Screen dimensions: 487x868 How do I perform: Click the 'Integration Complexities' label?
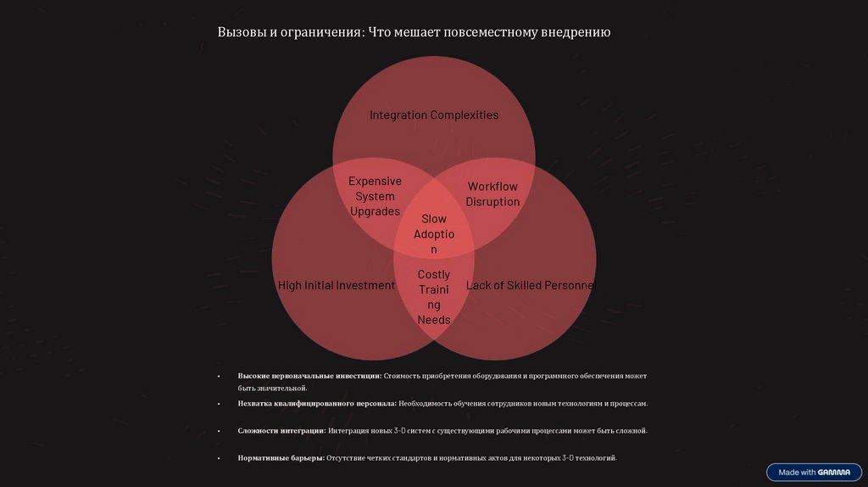pyautogui.click(x=433, y=115)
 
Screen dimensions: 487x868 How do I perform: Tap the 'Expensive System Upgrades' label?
pyautogui.click(x=375, y=196)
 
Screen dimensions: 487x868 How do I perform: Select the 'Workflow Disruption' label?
pyautogui.click(x=492, y=193)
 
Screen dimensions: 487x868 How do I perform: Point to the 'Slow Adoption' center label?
pyautogui.click(x=434, y=234)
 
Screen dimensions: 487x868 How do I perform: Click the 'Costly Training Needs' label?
pyautogui.click(x=434, y=297)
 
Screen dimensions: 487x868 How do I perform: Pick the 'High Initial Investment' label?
pyautogui.click(x=337, y=286)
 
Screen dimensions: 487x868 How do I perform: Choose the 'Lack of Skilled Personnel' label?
pyautogui.click(x=531, y=286)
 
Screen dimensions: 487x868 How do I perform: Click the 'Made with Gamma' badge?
pyautogui.click(x=814, y=472)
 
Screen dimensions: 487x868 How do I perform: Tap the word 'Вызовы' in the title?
pyautogui.click(x=241, y=32)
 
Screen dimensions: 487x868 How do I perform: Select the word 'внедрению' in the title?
pyautogui.click(x=576, y=32)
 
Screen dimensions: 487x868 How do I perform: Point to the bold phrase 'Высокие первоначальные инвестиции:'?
pyautogui.click(x=309, y=375)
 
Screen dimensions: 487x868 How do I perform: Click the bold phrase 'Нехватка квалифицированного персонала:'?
pyautogui.click(x=317, y=403)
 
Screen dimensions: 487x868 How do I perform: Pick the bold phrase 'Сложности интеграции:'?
pyautogui.click(x=282, y=431)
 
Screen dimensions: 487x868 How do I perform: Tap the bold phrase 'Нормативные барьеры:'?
pyautogui.click(x=281, y=458)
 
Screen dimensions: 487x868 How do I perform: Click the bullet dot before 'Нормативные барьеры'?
pyautogui.click(x=219, y=458)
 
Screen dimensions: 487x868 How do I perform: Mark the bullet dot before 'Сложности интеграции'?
pyautogui.click(x=219, y=431)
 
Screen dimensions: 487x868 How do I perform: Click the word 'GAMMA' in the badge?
pyautogui.click(x=834, y=472)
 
